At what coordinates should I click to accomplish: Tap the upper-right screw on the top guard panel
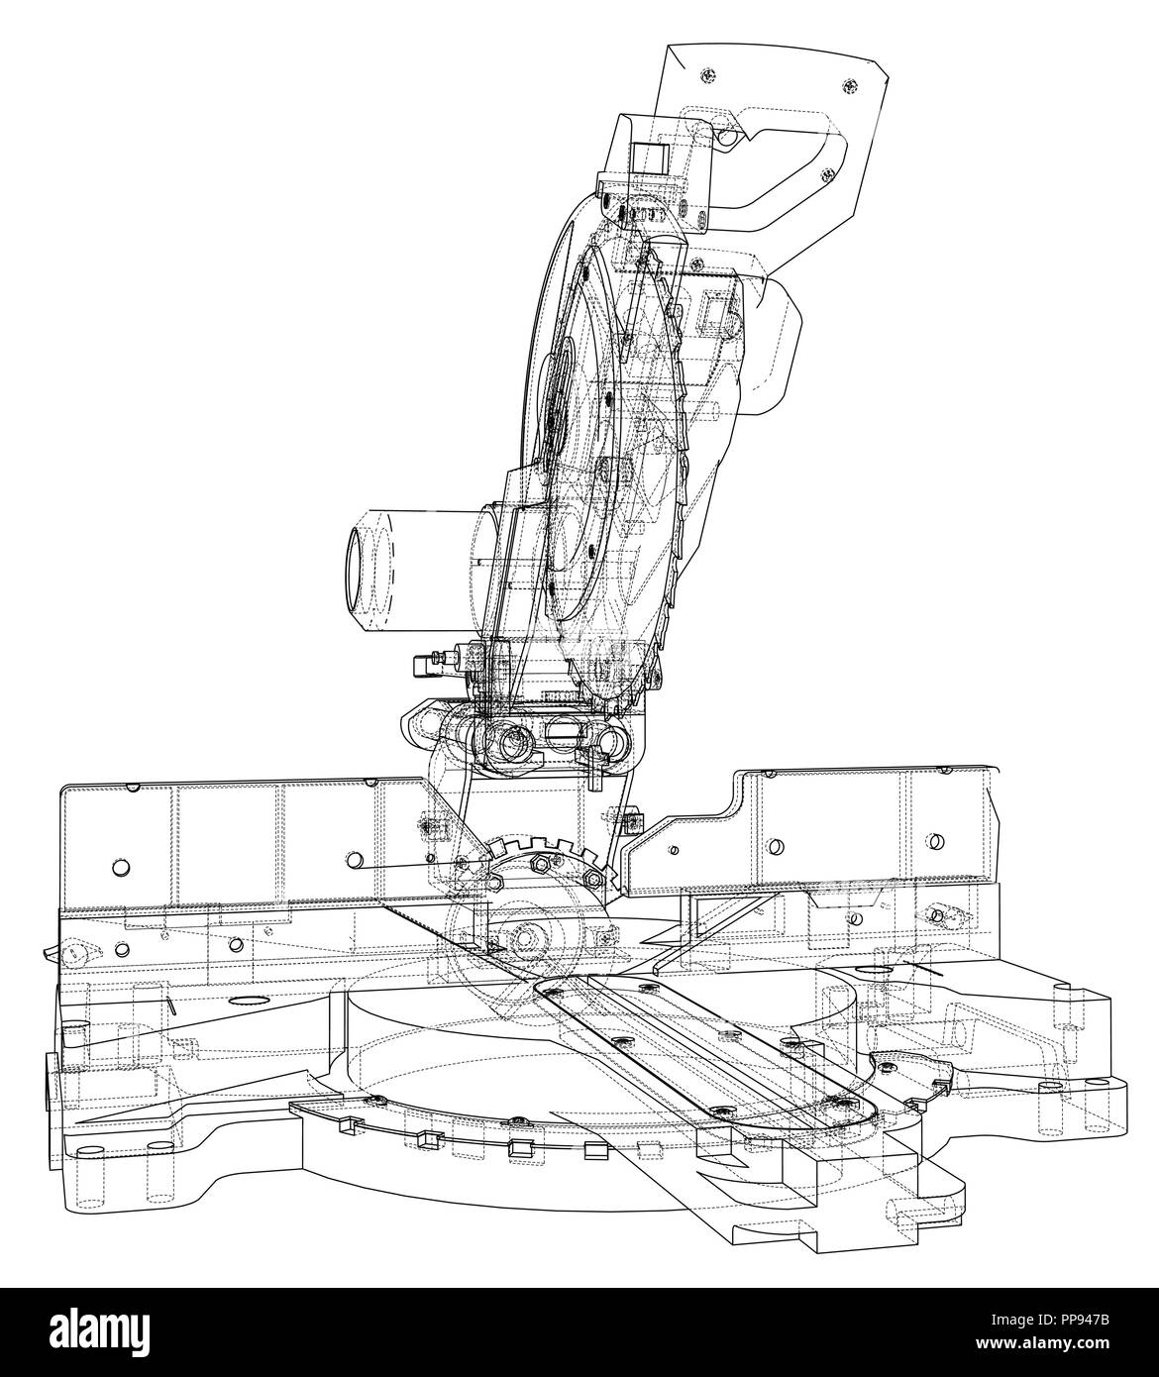pos(849,85)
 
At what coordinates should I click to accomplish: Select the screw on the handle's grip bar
pos(828,174)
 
